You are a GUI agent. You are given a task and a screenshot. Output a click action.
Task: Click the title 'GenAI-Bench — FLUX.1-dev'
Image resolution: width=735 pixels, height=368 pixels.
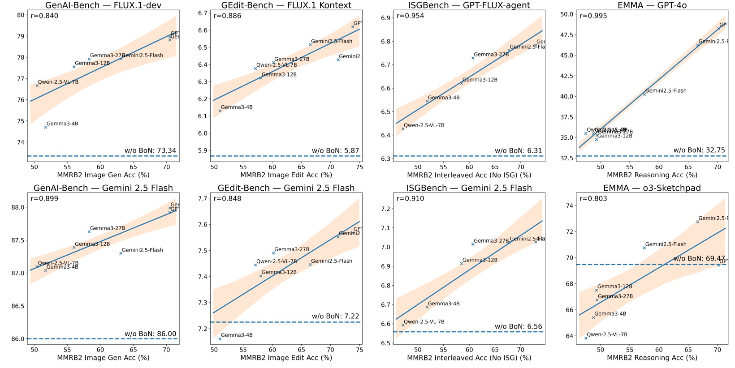[x=103, y=5]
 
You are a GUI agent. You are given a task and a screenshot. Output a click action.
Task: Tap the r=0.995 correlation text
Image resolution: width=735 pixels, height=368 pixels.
[x=593, y=16]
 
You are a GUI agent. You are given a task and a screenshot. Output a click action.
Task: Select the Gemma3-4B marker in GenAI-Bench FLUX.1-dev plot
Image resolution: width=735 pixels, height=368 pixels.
[x=46, y=127]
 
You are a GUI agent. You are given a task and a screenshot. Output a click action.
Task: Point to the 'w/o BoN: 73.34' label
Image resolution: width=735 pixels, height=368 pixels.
[x=150, y=150]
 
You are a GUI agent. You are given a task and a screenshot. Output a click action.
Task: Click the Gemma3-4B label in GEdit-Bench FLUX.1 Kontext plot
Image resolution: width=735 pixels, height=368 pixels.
[x=236, y=107]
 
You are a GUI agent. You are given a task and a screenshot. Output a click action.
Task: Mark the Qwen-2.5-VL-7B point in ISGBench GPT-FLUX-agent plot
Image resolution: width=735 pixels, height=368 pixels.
[x=403, y=128]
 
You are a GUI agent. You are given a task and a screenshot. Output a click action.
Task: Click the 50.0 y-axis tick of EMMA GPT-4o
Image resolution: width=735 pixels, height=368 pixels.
[x=567, y=14]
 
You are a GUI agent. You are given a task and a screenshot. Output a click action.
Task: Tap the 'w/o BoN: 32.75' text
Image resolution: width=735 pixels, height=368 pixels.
[x=699, y=150]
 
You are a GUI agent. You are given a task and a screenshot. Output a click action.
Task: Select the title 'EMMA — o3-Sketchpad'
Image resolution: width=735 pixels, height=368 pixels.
[x=652, y=188]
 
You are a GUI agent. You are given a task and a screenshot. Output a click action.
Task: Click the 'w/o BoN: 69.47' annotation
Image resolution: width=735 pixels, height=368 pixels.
[x=699, y=258]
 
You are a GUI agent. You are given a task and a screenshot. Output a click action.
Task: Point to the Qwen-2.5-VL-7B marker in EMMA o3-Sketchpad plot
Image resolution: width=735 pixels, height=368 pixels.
[x=586, y=338]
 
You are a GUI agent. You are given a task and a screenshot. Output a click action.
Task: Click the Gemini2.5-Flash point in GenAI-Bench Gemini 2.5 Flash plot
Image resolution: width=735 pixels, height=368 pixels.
[x=121, y=253]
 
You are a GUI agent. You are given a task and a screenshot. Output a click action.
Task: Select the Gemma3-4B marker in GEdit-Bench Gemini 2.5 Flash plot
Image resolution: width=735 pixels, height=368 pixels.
[x=220, y=338]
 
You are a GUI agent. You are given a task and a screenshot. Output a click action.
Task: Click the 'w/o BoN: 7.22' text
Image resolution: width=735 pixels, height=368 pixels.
[x=335, y=316]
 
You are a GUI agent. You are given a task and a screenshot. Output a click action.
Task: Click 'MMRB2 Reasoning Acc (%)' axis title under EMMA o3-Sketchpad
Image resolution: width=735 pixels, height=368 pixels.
[x=652, y=358]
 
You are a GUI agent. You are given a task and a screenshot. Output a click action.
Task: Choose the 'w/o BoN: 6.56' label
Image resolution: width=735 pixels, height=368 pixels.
[x=518, y=326]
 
